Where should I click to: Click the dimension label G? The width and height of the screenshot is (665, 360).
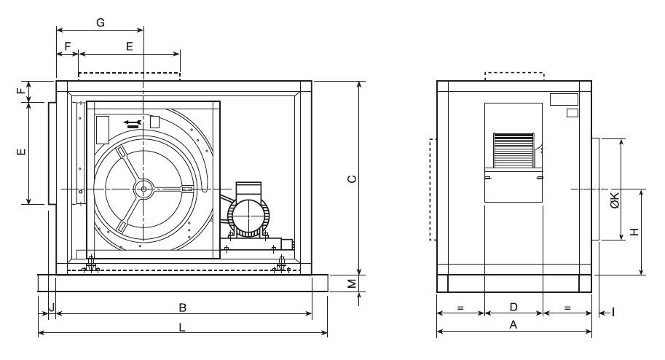tap(101, 22)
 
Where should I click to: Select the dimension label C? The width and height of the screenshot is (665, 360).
tap(352, 178)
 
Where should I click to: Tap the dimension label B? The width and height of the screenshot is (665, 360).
tap(183, 307)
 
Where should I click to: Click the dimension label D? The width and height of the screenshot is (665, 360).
tap(513, 307)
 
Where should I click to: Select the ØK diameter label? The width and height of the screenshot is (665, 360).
tap(615, 200)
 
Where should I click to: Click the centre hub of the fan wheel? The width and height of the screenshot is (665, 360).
tap(143, 189)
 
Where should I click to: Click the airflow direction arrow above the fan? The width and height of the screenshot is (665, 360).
tap(131, 122)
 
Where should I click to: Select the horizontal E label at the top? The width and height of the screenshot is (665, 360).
tap(130, 46)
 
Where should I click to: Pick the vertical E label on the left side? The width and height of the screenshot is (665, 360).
tap(21, 152)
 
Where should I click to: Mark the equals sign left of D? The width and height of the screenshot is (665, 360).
tap(460, 308)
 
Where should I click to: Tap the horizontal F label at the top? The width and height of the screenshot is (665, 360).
tap(68, 46)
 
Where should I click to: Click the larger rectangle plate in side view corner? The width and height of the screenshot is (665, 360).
tap(564, 98)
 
